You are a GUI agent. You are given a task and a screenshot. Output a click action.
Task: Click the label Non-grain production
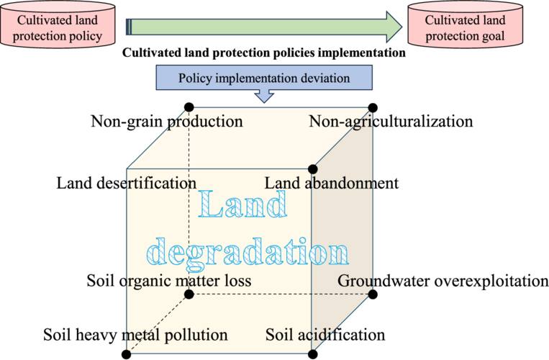pos(166,121)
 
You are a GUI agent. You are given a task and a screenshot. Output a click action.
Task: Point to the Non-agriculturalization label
pos(391,121)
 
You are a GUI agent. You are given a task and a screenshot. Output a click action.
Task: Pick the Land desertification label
pos(126,183)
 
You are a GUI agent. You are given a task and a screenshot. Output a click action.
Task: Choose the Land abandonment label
pos(331,183)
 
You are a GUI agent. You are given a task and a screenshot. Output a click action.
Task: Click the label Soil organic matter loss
pos(168,280)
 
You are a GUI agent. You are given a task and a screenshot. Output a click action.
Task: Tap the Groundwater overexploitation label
pos(443,280)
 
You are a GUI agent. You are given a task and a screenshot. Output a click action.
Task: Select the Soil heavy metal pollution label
pos(135,335)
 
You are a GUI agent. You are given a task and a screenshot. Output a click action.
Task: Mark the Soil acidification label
pos(325,335)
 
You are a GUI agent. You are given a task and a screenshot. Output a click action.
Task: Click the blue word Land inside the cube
pos(242,207)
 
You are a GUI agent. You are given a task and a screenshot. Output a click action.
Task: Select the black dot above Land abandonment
pos(312,169)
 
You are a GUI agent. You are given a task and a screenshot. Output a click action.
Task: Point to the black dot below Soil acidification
pos(312,354)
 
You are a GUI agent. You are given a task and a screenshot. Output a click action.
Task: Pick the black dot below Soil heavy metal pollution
pos(127,354)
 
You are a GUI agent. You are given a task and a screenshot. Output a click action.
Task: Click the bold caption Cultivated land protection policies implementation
pos(264,53)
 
